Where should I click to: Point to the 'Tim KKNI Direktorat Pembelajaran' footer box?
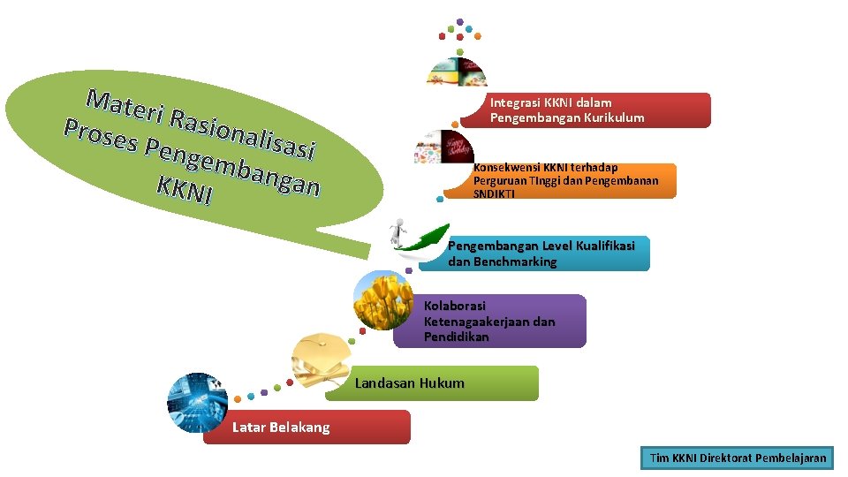pyautogui.click(x=738, y=458)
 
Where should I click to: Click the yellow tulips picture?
pyautogui.click(x=382, y=300)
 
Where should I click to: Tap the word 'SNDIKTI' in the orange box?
pyautogui.click(x=494, y=193)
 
